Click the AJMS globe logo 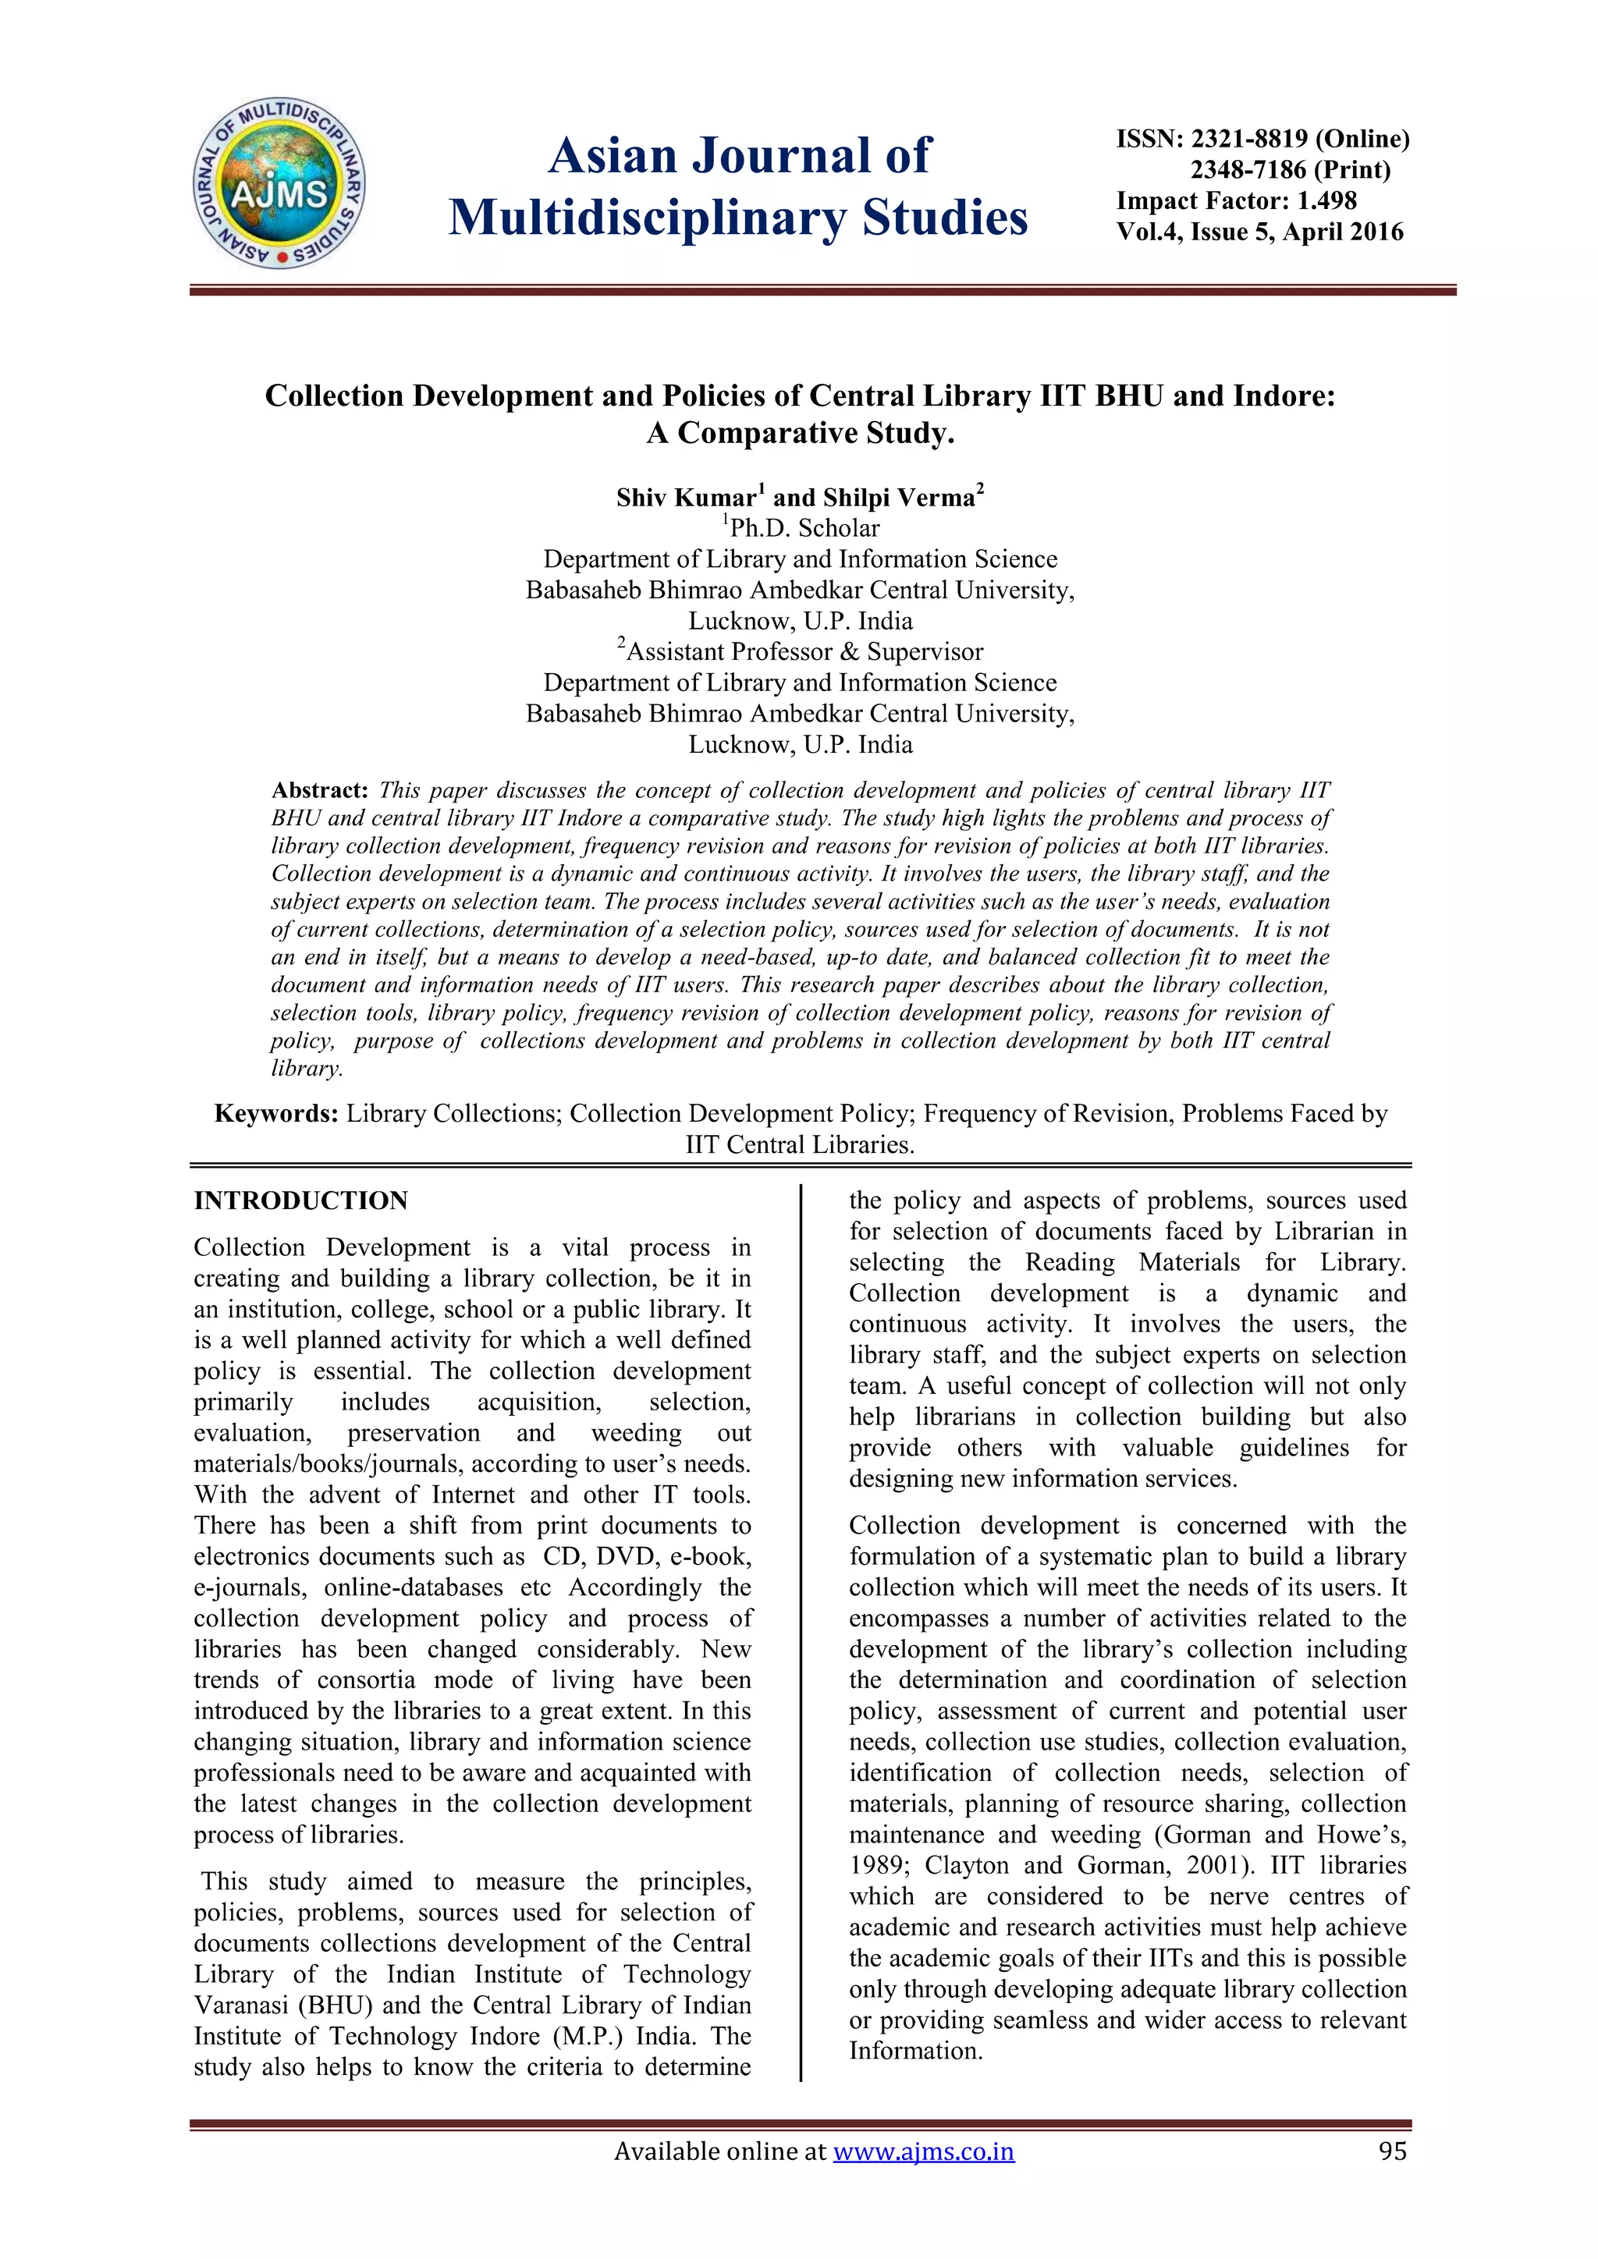coord(279,184)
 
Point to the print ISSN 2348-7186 coord(1248,170)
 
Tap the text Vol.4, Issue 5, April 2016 coord(1259,232)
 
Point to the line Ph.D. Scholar coord(804,528)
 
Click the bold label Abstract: coord(320,791)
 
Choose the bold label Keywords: coord(276,1114)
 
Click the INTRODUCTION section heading coord(300,1200)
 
